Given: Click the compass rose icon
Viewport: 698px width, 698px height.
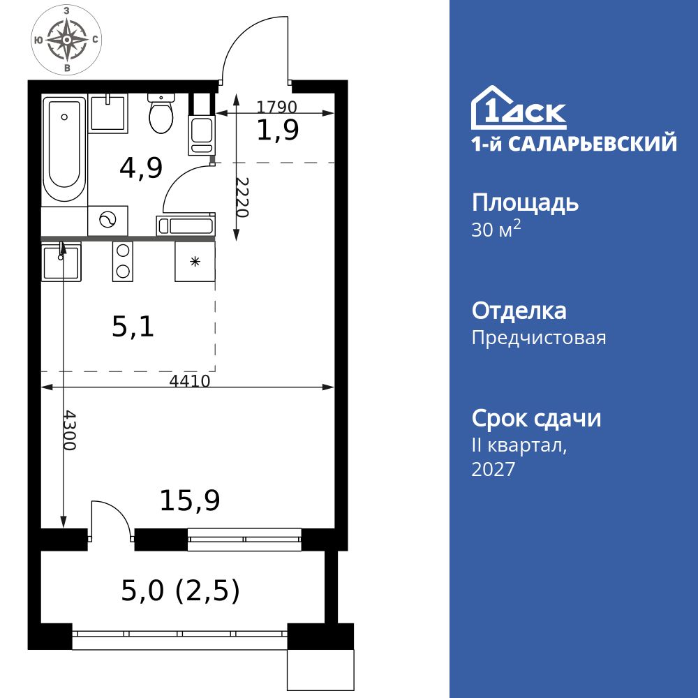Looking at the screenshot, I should coord(66,40).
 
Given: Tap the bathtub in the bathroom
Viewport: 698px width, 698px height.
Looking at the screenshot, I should coord(64,150).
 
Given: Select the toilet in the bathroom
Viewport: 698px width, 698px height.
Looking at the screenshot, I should coord(162,116).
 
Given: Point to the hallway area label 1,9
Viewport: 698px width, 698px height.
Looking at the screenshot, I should coord(278,131).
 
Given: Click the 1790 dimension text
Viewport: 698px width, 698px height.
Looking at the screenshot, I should coord(277,107).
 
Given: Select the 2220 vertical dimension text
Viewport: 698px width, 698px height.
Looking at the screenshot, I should coord(242,197).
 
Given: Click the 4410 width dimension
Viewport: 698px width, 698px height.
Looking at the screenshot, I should coord(190,380).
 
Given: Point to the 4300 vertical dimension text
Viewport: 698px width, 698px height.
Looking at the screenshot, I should coord(68,430).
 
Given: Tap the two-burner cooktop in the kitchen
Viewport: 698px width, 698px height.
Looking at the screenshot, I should coord(123,261).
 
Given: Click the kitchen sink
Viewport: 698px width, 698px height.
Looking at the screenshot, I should coord(61,262).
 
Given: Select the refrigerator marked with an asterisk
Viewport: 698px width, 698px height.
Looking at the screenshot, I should coord(195,262).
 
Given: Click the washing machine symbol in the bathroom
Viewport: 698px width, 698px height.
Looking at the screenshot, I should coord(107,221).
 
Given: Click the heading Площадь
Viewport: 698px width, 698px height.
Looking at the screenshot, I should coord(525,203).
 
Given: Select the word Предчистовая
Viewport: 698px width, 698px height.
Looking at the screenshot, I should coord(538,339).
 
